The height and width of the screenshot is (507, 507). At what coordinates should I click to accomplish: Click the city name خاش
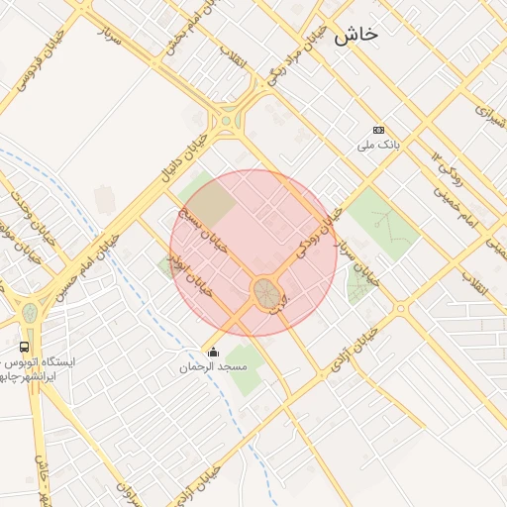(x=355, y=35)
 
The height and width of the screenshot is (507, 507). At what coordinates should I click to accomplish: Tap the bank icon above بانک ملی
(x=378, y=130)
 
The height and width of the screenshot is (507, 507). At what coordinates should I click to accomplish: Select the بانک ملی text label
(x=378, y=146)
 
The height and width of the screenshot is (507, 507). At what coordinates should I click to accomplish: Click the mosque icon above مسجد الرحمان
(x=213, y=352)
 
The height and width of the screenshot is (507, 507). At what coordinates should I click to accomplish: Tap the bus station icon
(x=24, y=347)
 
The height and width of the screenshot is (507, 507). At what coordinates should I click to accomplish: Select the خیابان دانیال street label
(x=186, y=157)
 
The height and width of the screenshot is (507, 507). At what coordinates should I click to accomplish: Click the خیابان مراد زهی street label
(x=292, y=56)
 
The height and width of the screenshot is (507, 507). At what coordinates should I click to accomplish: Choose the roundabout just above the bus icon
(x=31, y=312)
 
